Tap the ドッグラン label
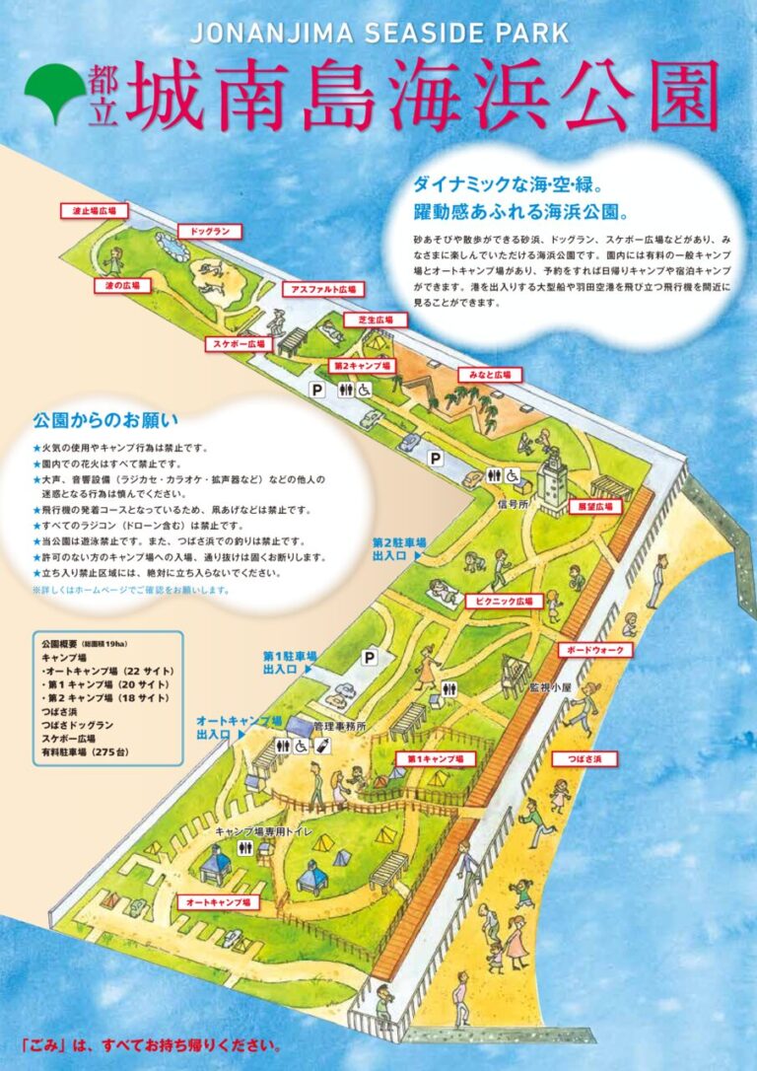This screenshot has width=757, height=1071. click(x=209, y=232)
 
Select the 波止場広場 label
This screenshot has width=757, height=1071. click(x=95, y=211)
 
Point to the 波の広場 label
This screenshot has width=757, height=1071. click(x=122, y=286)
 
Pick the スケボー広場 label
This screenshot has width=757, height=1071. click(x=238, y=344)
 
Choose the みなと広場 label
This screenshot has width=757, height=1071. click(x=489, y=376)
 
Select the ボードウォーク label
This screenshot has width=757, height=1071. click(x=594, y=650)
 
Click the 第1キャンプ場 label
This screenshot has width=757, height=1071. click(x=435, y=758)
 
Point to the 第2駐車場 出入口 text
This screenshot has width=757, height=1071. click(x=398, y=549)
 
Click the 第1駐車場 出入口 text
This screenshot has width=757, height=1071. click(x=288, y=662)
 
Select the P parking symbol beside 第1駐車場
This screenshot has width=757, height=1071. click(x=370, y=656)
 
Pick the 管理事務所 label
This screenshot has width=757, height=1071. click(x=339, y=726)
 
